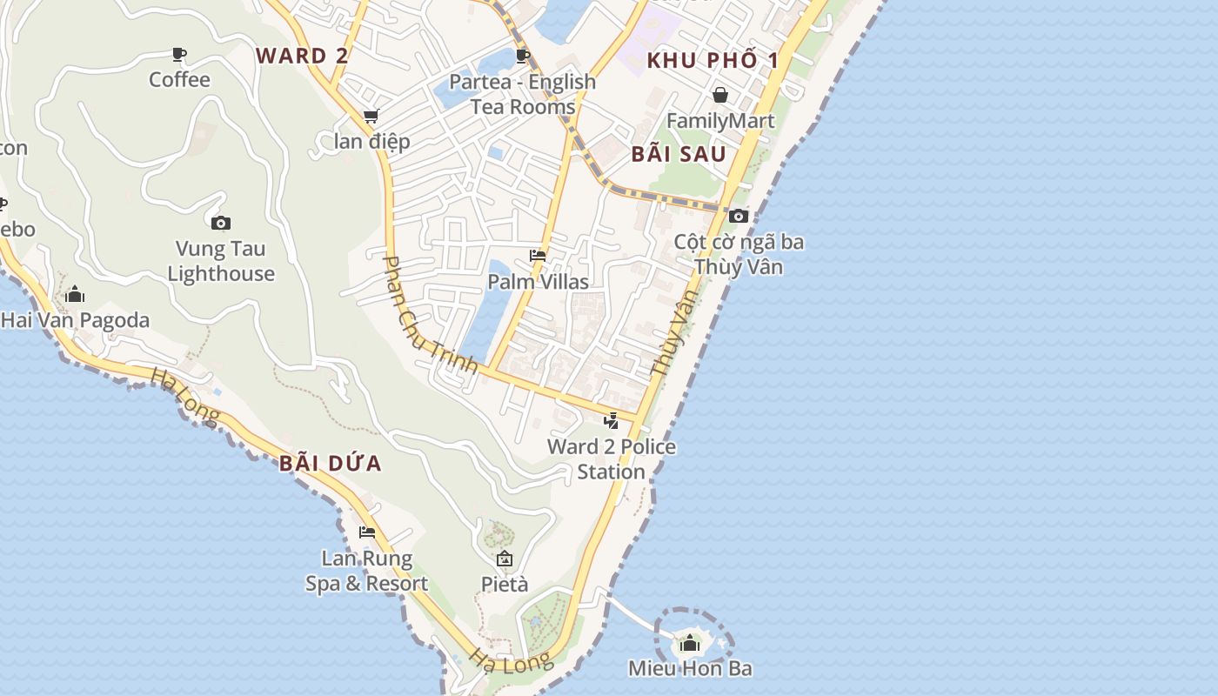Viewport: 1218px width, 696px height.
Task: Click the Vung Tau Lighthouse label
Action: (221, 261)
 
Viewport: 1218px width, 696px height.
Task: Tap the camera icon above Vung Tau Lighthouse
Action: (221, 224)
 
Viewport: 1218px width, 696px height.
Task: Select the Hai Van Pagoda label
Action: (75, 320)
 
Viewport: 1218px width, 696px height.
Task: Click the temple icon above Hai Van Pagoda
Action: (75, 294)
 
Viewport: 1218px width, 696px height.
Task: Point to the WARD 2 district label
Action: (302, 56)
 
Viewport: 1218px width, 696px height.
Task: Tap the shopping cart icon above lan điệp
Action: (371, 117)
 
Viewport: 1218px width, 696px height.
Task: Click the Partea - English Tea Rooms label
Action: (523, 94)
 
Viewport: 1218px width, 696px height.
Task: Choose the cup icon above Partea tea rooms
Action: (523, 57)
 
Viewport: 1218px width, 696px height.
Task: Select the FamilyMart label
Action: (720, 120)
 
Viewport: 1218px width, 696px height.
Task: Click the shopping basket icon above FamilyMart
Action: (720, 95)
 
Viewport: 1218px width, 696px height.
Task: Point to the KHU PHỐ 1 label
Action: (713, 60)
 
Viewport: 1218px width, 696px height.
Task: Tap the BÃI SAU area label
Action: (679, 155)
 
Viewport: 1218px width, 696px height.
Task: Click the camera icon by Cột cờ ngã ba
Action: (739, 216)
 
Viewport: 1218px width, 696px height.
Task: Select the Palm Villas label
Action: (538, 282)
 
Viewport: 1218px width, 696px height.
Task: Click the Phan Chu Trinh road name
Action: (431, 314)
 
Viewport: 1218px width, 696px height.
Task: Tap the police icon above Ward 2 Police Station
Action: (612, 422)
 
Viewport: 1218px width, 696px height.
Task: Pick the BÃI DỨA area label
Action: (331, 463)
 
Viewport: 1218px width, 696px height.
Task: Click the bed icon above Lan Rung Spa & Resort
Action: (367, 532)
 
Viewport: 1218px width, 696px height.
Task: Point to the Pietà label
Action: (505, 584)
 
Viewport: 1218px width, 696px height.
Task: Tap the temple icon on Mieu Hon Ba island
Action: (691, 644)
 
